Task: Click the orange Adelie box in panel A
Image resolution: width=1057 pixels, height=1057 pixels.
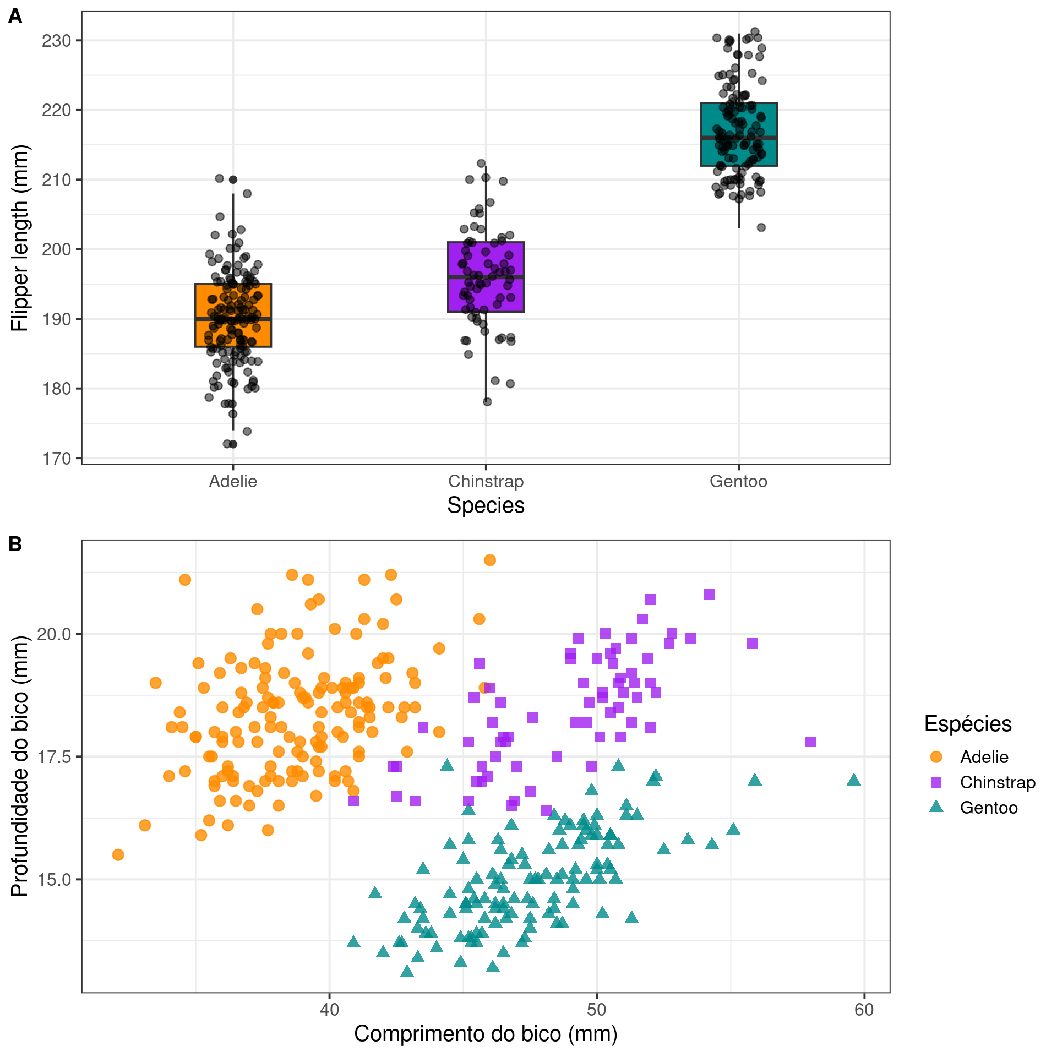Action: pos(233,315)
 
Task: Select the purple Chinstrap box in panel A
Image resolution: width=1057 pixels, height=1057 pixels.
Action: pos(486,277)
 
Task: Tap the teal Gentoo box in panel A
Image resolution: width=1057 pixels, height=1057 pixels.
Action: pos(738,134)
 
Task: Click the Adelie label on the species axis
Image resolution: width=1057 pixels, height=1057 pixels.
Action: pos(233,481)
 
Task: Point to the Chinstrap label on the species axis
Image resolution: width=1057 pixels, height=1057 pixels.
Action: pos(486,481)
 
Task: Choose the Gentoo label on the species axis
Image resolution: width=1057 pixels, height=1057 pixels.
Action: pos(738,481)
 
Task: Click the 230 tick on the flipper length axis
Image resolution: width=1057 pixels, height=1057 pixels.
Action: pos(57,41)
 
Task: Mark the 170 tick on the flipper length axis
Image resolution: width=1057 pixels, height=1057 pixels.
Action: pos(57,458)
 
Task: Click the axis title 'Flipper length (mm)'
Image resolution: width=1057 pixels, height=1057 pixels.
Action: pos(19,238)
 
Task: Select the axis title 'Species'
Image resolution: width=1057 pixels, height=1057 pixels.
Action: pos(486,505)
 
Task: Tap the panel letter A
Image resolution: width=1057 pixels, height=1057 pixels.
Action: pos(15,17)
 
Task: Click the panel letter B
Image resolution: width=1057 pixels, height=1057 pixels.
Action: pos(15,544)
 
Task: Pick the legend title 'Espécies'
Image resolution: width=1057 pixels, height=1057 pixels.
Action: pos(968,723)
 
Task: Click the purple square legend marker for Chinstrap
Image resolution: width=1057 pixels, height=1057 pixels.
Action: pos(936,782)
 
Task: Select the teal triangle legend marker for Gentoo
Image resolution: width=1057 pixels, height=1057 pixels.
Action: pos(936,807)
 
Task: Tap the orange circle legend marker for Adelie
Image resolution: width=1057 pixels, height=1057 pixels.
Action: pos(936,757)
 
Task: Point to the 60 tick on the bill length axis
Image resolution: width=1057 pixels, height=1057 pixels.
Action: pos(864,1010)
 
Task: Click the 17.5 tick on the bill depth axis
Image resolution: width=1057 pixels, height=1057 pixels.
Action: pos(54,757)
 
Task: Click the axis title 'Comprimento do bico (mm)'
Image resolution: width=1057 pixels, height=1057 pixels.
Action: pos(486,1034)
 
